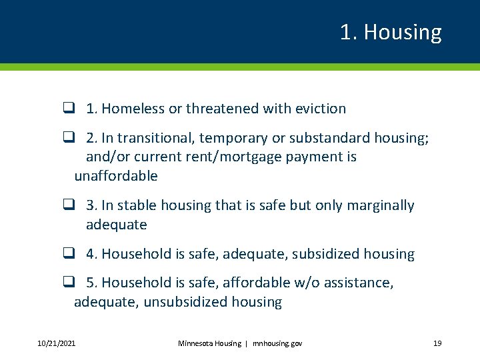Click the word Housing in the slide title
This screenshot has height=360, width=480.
403,32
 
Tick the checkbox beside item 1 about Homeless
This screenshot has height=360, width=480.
68,108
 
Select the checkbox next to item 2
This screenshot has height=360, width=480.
68,137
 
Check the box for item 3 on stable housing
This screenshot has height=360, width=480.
68,205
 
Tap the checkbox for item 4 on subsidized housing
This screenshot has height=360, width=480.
68,254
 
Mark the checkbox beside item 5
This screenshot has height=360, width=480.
68,283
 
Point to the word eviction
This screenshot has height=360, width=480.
320,108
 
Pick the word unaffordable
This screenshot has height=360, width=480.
116,176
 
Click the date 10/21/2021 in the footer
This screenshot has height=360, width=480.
56,343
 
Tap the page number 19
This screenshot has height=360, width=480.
437,343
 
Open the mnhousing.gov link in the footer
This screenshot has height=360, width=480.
277,343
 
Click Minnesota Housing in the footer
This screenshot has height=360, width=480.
209,343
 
